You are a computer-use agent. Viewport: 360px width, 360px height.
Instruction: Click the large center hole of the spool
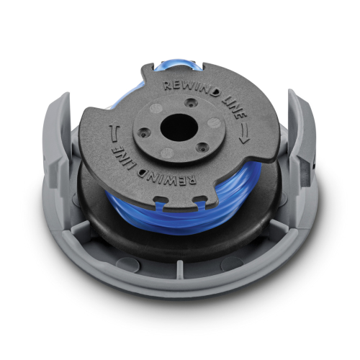(x=179, y=127)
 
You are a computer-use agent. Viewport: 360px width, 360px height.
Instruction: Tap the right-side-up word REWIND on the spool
(x=192, y=87)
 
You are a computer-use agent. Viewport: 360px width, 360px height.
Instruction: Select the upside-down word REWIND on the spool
(x=168, y=172)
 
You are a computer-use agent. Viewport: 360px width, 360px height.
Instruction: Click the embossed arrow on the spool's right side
(x=244, y=132)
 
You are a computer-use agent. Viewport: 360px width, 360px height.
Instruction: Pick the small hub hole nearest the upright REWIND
(x=191, y=103)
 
